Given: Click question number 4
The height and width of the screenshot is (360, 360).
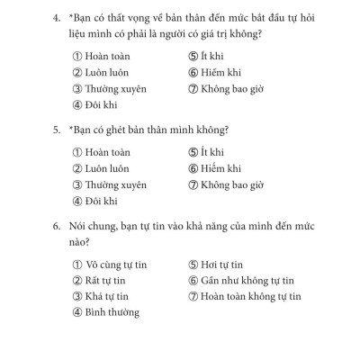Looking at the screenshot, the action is pos(57,19).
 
